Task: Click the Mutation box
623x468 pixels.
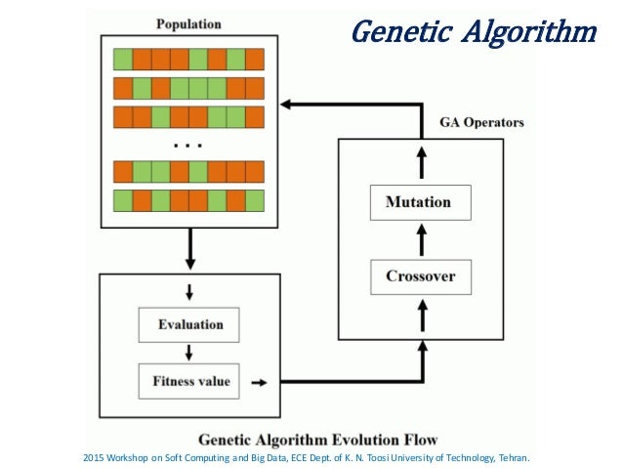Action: pyautogui.click(x=419, y=203)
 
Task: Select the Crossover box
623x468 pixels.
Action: pyautogui.click(x=420, y=277)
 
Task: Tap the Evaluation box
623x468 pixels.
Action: pyautogui.click(x=187, y=324)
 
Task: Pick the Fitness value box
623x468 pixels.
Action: pyautogui.click(x=187, y=380)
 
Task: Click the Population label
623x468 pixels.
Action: pyautogui.click(x=187, y=22)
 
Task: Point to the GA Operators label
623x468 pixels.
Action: pyautogui.click(x=480, y=123)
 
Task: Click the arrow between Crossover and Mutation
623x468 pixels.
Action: pyautogui.click(x=422, y=239)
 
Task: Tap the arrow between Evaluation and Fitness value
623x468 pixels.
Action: pyautogui.click(x=187, y=352)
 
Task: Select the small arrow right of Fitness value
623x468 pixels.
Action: pyautogui.click(x=260, y=381)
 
